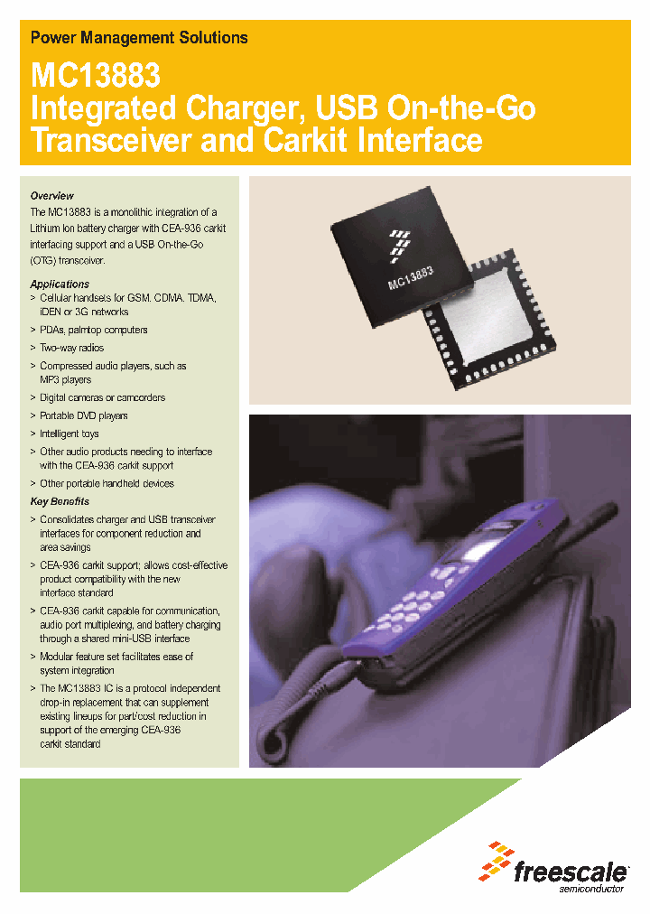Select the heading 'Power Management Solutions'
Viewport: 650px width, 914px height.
(x=139, y=38)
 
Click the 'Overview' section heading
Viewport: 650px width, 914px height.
(x=52, y=196)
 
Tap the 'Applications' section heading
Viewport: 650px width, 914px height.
(x=60, y=284)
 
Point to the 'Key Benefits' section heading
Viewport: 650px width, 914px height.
(x=60, y=501)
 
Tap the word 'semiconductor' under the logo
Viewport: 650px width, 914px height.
(x=592, y=890)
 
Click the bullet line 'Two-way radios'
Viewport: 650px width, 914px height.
(x=71, y=348)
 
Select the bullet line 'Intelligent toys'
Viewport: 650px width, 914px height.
(x=70, y=434)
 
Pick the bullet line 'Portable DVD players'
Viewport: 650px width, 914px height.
(x=83, y=415)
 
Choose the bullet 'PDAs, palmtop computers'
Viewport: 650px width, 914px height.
(x=93, y=330)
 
